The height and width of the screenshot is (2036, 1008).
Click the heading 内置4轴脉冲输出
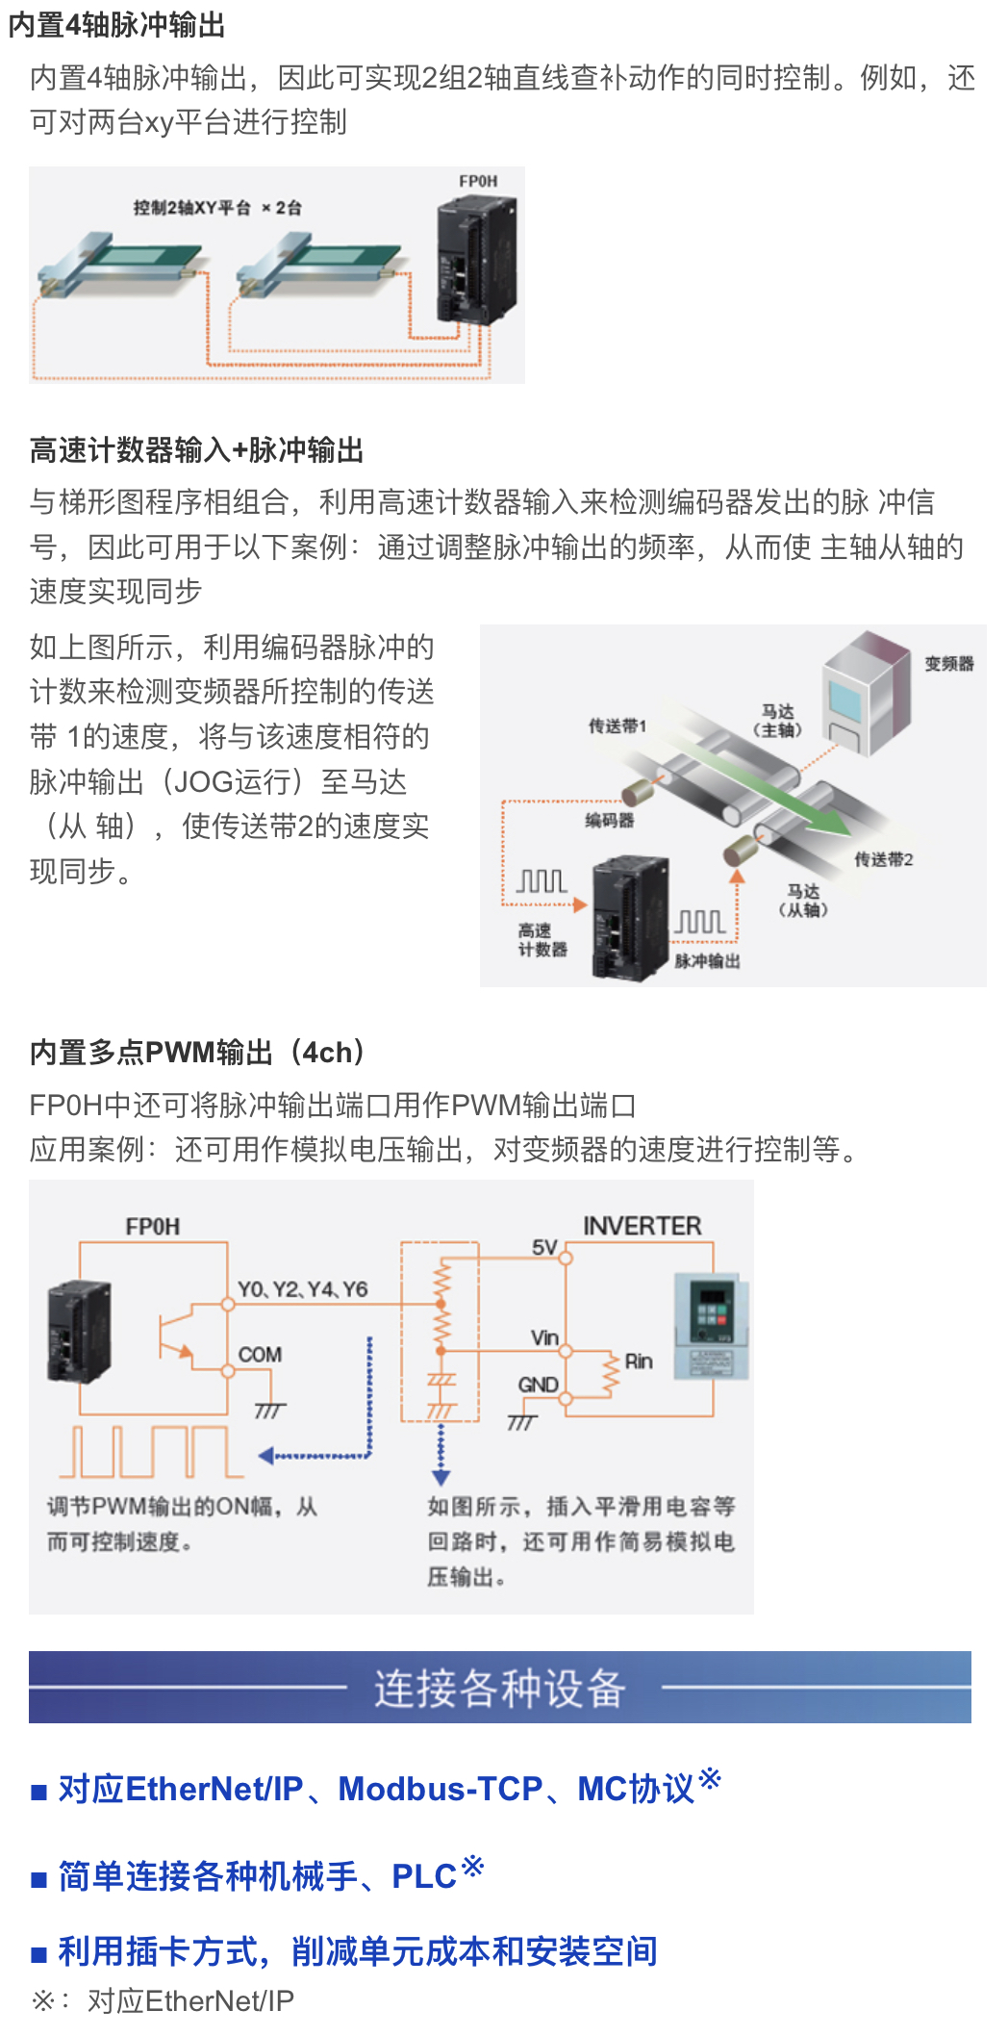point(116,25)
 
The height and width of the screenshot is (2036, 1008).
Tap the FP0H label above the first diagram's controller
point(478,181)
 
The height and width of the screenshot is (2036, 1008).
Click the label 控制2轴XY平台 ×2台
point(217,208)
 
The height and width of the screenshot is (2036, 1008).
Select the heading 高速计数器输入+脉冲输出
point(197,449)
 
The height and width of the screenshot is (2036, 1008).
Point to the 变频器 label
point(948,664)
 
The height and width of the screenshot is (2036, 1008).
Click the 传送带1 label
point(617,725)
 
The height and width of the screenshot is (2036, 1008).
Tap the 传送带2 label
point(884,859)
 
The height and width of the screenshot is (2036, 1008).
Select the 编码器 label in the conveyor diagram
point(610,820)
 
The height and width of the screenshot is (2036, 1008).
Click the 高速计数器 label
point(542,940)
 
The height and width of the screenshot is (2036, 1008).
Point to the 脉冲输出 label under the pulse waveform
point(707,961)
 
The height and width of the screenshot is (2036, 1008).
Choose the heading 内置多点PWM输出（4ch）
point(197,1052)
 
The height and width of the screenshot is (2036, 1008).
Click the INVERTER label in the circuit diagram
point(643,1226)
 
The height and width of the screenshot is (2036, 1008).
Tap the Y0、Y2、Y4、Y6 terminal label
point(302,1289)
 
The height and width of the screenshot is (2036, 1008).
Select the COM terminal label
point(260,1355)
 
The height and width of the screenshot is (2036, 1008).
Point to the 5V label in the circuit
point(544,1248)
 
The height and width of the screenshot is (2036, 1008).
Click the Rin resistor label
point(639,1362)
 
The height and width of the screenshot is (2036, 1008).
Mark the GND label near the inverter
point(538,1385)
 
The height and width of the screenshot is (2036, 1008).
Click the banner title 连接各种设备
point(500,1689)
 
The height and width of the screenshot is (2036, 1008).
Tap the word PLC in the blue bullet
point(423,1876)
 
